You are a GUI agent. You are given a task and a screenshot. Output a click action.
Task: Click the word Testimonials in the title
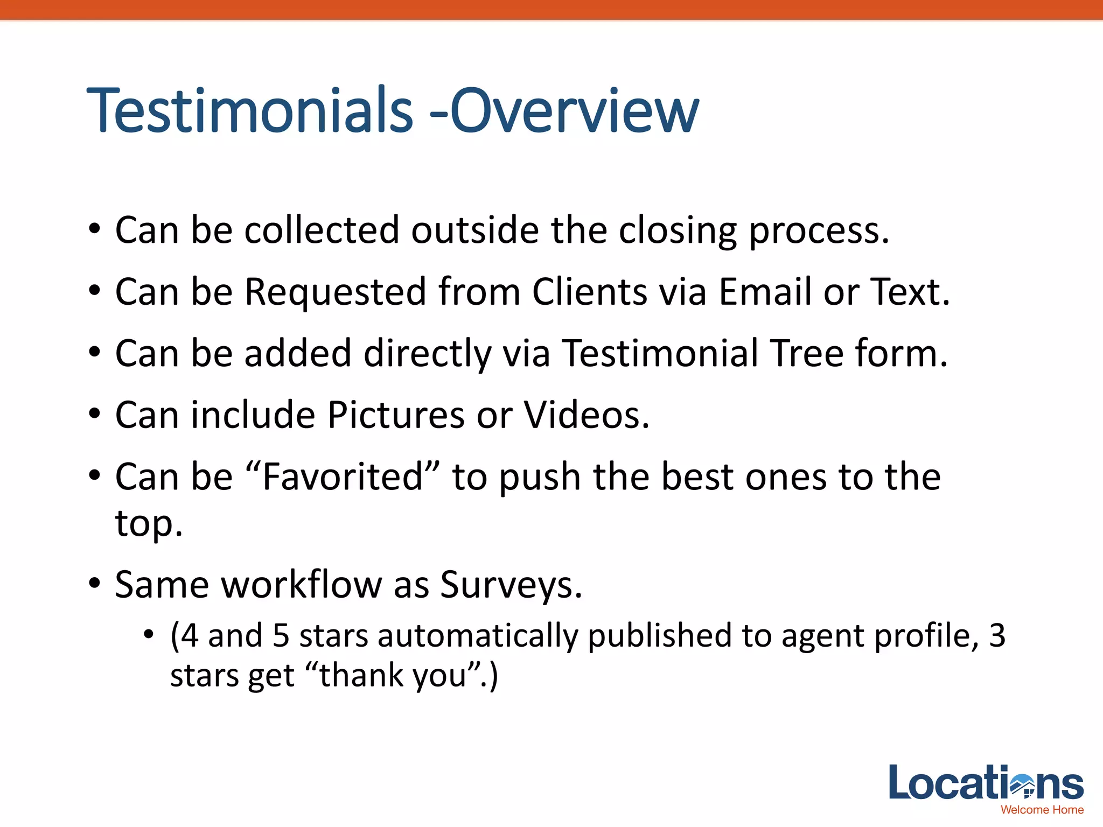click(249, 111)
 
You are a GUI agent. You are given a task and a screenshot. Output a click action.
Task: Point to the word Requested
click(335, 293)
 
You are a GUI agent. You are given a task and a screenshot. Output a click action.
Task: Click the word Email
click(765, 292)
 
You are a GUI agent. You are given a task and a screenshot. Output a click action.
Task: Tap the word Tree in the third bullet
click(807, 354)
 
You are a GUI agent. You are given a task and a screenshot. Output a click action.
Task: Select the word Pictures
click(396, 415)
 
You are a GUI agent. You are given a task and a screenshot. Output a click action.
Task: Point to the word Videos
click(587, 415)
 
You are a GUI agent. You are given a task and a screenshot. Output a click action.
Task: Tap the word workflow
click(302, 585)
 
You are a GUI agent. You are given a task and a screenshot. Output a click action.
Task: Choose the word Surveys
click(511, 586)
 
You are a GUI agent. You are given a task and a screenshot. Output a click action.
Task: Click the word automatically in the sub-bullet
click(477, 636)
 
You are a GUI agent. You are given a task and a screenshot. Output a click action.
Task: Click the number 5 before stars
click(281, 636)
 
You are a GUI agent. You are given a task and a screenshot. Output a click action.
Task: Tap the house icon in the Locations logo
click(1022, 785)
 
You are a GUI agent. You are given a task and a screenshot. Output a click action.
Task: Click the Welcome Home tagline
click(1042, 810)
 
